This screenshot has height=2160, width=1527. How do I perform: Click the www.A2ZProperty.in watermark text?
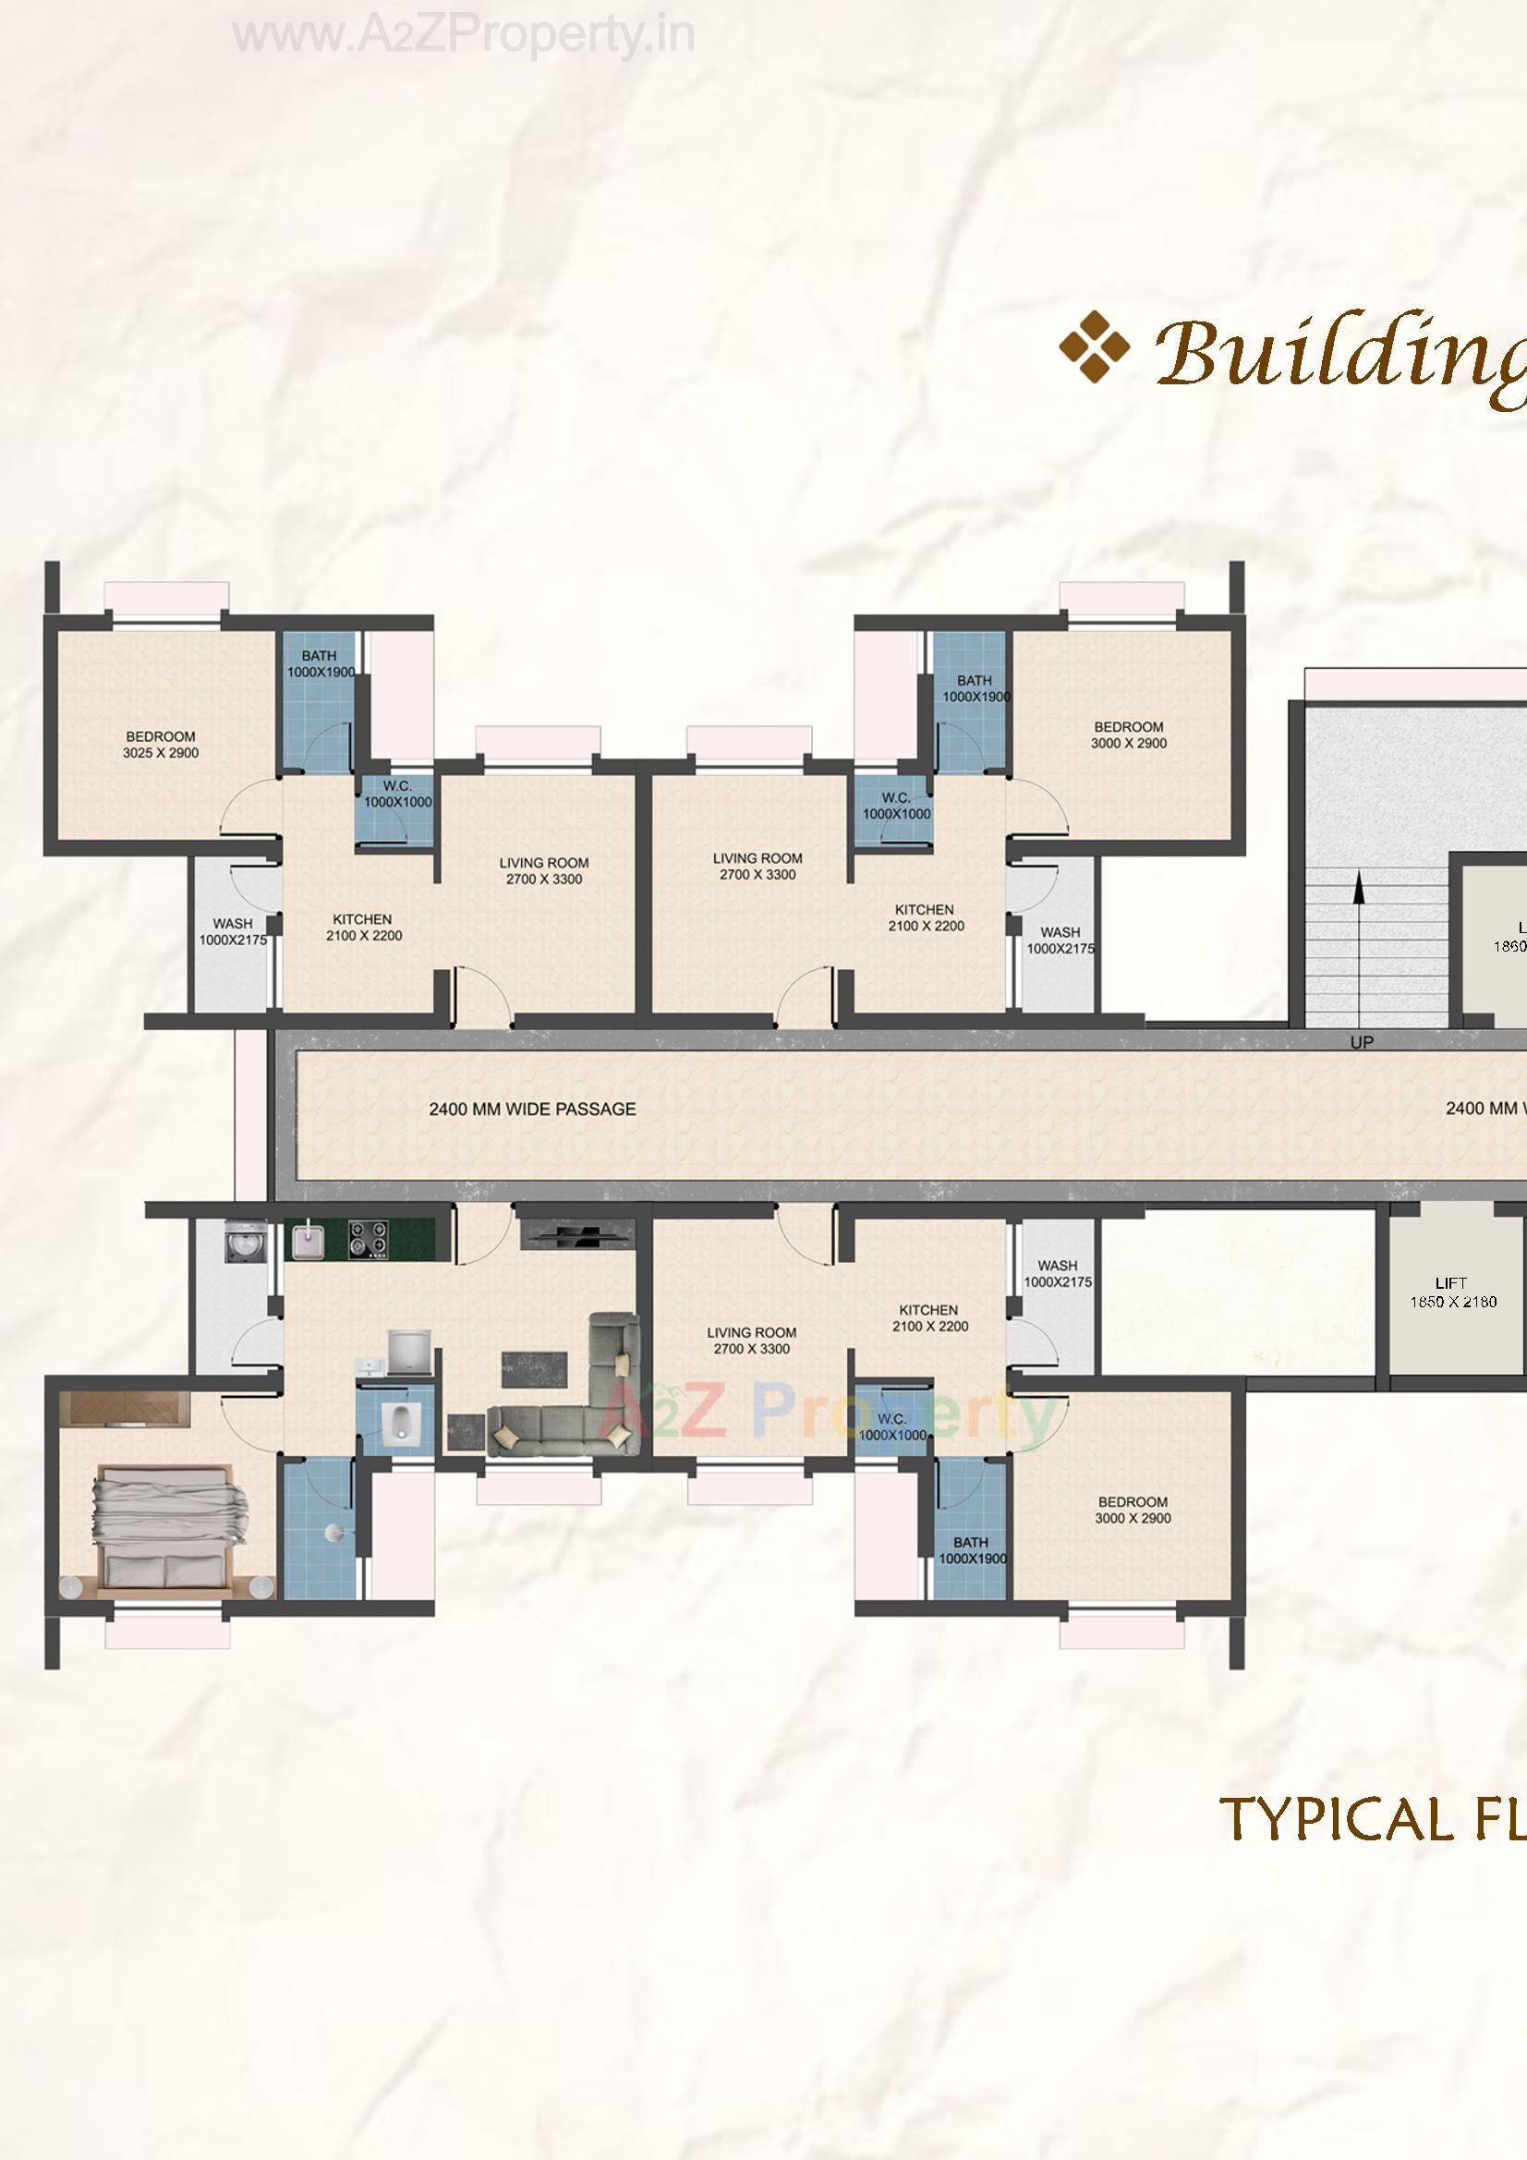[464, 36]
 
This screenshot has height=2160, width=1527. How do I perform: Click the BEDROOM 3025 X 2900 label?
[161, 745]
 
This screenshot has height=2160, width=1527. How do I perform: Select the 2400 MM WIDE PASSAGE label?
[532, 1110]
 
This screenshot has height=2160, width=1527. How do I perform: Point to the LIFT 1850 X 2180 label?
[1452, 1292]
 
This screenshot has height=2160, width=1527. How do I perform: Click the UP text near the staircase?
[1362, 1042]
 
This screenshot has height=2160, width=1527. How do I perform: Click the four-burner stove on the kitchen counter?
[368, 1239]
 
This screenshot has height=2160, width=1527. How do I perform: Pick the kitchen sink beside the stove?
[307, 1240]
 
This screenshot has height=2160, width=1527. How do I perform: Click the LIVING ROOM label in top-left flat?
[544, 871]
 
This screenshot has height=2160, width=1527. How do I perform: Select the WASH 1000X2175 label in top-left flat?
[233, 931]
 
